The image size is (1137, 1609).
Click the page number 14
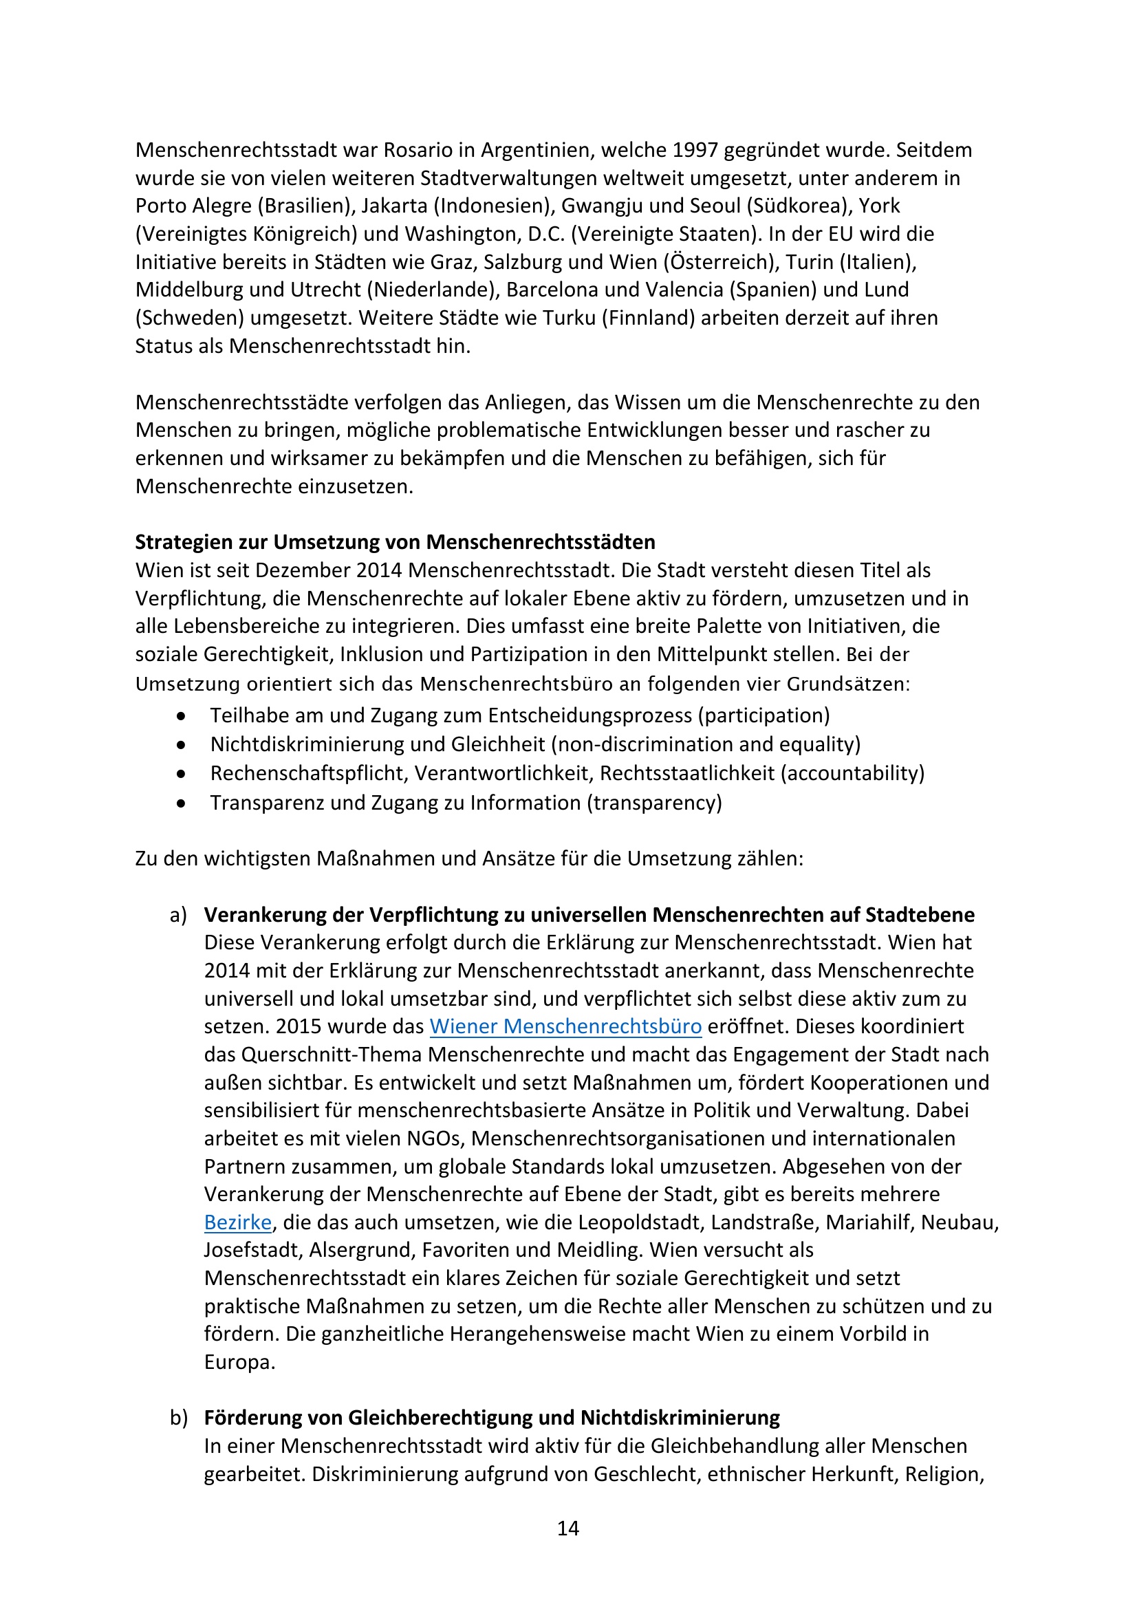point(567,1529)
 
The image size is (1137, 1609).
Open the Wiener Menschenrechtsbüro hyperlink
point(565,1026)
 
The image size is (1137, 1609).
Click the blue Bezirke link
point(237,1222)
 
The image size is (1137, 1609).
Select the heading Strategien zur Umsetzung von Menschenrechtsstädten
point(395,541)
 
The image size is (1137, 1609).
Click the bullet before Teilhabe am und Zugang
point(182,716)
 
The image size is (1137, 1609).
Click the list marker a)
point(179,914)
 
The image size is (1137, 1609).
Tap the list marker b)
point(179,1418)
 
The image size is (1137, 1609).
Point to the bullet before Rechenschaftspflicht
point(182,775)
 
